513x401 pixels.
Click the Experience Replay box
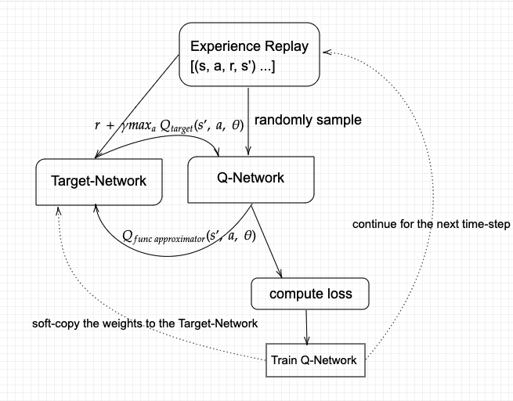(249, 55)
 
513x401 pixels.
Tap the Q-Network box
(250, 179)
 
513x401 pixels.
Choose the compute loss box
(310, 294)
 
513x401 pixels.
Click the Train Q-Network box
(314, 360)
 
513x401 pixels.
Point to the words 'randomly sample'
(308, 120)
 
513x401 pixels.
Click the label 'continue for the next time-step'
(431, 224)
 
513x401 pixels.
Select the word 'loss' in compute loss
(338, 294)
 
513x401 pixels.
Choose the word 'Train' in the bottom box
(285, 360)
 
